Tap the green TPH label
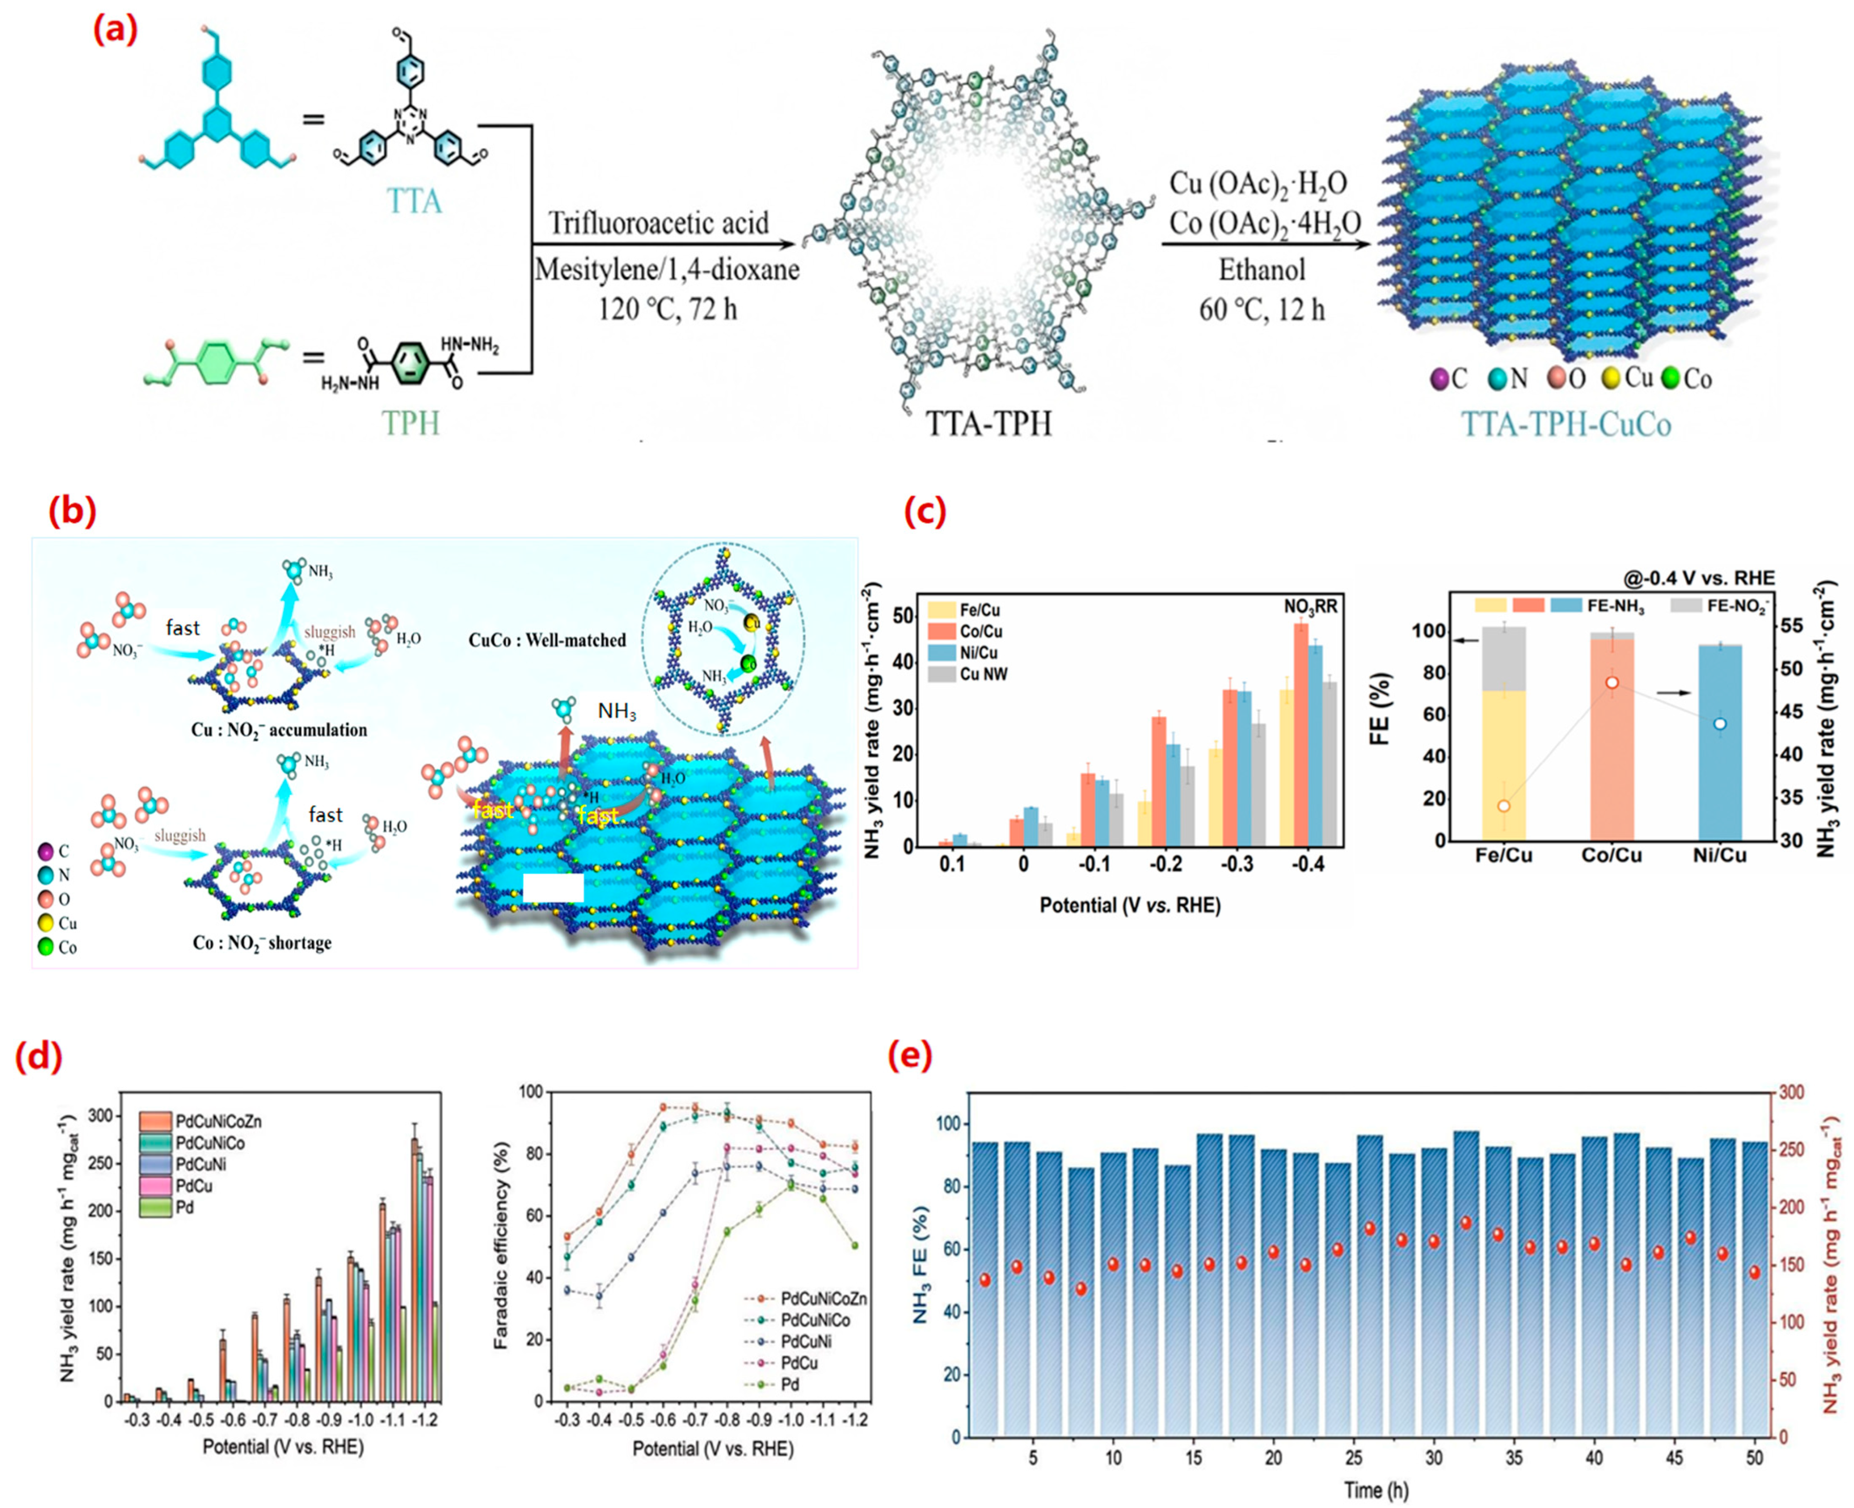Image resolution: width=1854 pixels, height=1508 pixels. pos(411,423)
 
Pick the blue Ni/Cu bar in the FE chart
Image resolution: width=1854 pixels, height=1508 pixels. pos(1719,743)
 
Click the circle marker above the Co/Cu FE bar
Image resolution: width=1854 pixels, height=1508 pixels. pos(1611,683)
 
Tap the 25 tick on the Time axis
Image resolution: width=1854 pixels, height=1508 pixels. pos(1353,1457)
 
